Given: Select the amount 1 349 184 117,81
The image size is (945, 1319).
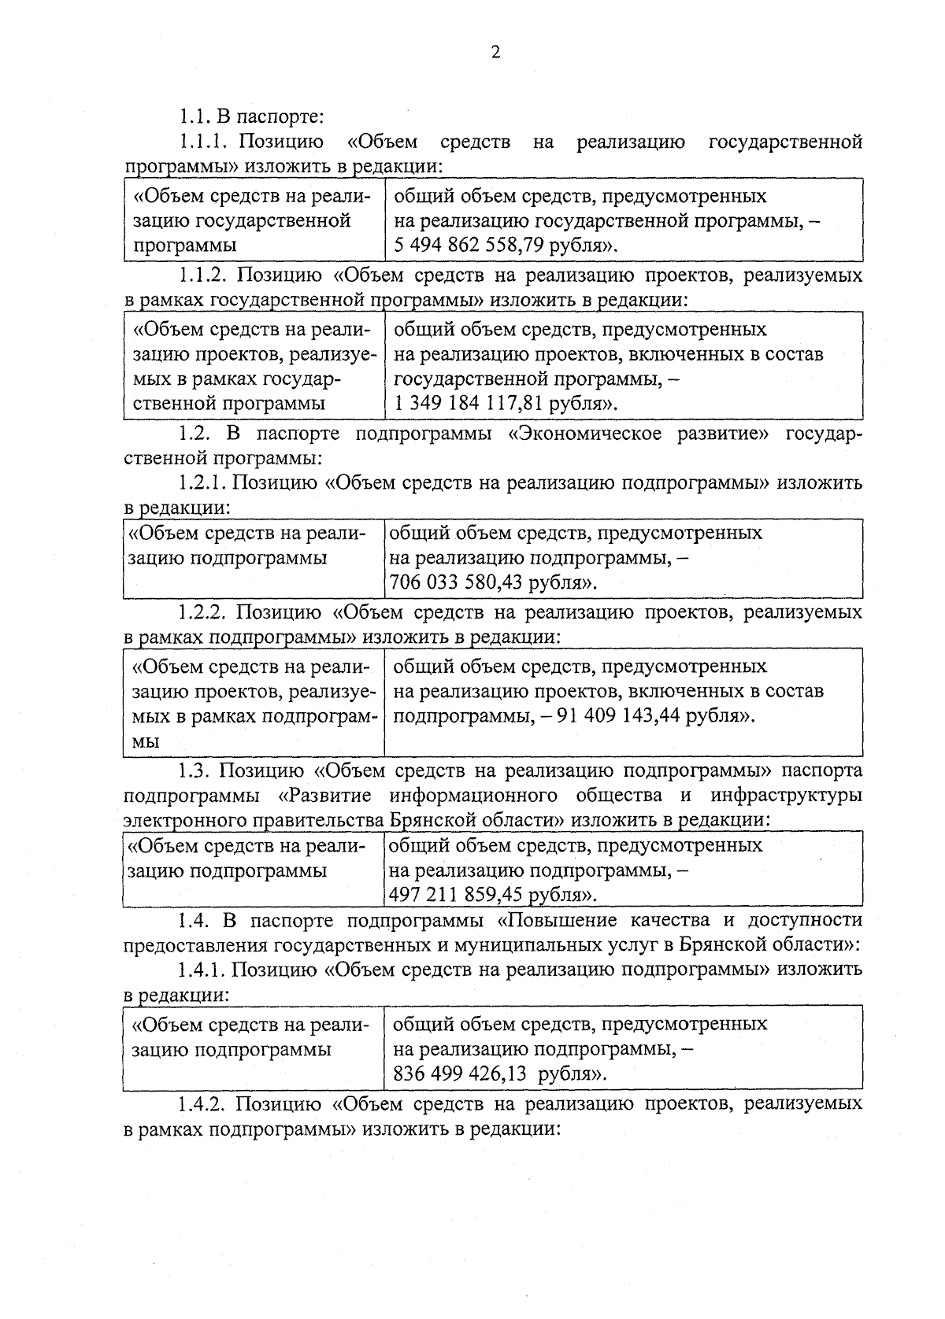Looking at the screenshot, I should tap(469, 405).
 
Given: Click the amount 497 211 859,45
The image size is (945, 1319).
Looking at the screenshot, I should tap(455, 896).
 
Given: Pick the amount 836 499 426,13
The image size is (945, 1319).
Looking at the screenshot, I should tap(460, 1074).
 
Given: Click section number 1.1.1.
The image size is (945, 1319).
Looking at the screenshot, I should tap(203, 142).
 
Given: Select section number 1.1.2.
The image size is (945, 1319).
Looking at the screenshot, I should tap(203, 275).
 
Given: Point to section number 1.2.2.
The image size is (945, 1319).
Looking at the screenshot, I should tap(203, 611).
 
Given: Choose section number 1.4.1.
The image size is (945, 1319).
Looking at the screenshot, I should tap(203, 969).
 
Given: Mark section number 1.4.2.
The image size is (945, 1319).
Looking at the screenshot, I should tap(203, 1103).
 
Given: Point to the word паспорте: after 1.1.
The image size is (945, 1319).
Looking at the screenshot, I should tap(279, 118).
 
